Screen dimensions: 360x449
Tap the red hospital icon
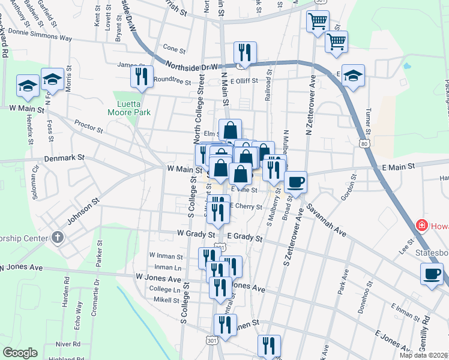click(422, 226)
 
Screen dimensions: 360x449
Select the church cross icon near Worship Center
click(57, 236)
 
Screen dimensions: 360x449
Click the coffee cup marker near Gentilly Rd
click(431, 274)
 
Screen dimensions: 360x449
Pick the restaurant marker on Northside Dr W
click(245, 52)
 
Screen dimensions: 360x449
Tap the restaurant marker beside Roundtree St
click(142, 76)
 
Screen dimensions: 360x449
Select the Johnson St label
click(82, 214)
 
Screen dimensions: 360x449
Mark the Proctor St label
click(89, 126)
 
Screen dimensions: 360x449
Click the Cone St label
click(174, 49)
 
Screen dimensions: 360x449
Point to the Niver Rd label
click(68, 344)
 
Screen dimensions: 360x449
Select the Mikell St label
click(166, 299)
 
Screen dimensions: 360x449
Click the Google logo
click(20, 353)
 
